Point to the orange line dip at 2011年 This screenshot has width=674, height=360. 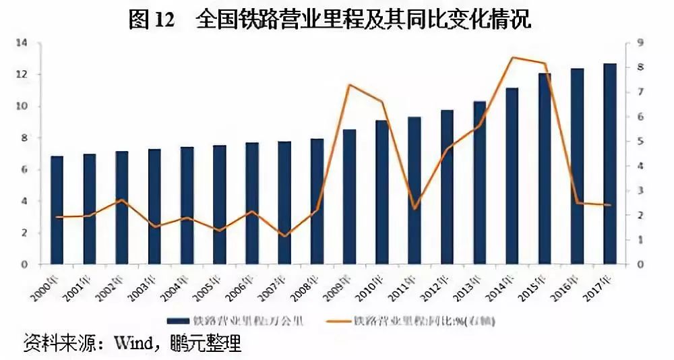click(x=415, y=208)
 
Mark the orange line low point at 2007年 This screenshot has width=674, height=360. click(x=285, y=236)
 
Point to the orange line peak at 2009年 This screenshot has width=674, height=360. click(x=350, y=85)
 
